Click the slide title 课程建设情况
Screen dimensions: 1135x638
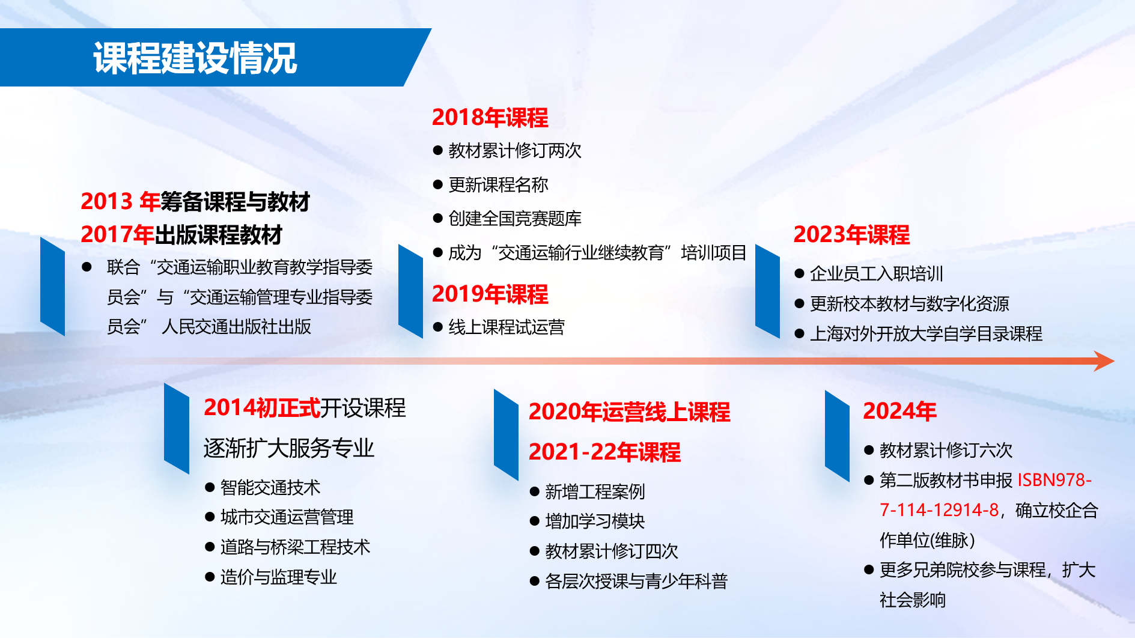[195, 58]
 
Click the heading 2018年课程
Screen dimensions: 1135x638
[490, 118]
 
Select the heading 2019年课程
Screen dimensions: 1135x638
[490, 294]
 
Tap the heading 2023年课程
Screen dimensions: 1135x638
[851, 235]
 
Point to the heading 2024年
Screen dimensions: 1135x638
[899, 412]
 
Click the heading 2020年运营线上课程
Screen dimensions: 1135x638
[629, 412]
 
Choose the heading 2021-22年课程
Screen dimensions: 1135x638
[604, 452]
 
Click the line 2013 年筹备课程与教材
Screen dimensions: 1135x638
[195, 202]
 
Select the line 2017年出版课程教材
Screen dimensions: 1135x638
[181, 235]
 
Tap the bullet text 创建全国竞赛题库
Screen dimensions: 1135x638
[515, 219]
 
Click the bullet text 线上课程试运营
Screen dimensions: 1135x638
[507, 327]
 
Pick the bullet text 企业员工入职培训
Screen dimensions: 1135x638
[876, 274]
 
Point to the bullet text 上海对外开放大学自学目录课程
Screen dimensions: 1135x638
[926, 334]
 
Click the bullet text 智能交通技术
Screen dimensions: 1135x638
[270, 487]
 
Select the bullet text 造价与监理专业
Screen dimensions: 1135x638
[279, 577]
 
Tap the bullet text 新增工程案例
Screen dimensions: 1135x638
[595, 492]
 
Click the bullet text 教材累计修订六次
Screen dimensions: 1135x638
[946, 450]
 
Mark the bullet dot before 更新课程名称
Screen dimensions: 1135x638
[438, 185]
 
